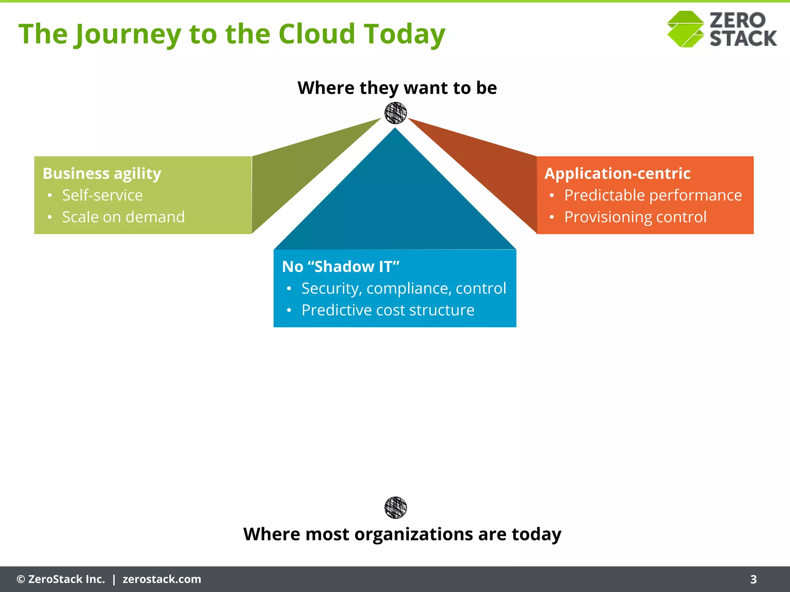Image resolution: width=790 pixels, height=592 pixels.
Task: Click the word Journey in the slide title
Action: [127, 34]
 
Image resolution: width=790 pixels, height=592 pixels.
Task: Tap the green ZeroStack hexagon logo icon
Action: [685, 29]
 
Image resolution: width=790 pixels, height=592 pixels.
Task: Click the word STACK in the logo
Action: [743, 39]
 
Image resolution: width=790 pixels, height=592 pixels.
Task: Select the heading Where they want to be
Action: [397, 88]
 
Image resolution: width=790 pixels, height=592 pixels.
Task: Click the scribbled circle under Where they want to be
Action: [395, 113]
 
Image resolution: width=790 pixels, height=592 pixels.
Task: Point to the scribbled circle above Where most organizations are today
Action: [395, 508]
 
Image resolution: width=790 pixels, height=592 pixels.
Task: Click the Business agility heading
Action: [102, 173]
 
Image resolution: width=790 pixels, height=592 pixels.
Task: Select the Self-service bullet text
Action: [103, 195]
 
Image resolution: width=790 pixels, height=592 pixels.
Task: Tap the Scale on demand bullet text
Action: [123, 217]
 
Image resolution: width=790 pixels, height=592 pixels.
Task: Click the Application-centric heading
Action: [617, 173]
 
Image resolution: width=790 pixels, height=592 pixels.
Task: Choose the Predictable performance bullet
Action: [653, 195]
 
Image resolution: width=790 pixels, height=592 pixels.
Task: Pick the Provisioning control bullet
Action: [635, 217]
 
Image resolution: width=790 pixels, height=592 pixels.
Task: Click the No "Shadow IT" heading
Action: [341, 267]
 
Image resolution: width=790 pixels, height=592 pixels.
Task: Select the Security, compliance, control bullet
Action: [403, 288]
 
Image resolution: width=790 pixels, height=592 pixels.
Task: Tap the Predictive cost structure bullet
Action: [388, 310]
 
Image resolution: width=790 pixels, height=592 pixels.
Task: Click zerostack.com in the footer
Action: [162, 579]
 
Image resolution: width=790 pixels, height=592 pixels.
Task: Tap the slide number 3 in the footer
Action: [753, 579]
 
